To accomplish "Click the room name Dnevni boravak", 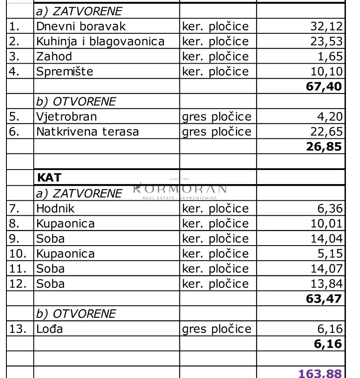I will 81,26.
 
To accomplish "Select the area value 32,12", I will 327,26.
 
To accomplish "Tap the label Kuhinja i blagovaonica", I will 100,41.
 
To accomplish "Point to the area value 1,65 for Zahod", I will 331,56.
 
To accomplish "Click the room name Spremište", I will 64,71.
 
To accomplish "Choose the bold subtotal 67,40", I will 324,87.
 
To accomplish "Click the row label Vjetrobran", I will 67,117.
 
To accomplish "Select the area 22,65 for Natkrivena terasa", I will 327,132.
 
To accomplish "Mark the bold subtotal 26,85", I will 324,147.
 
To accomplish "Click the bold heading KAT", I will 50,177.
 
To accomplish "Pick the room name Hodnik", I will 56,209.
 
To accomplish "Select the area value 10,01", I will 327,224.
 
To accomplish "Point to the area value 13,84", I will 327,284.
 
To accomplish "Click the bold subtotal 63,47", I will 324,298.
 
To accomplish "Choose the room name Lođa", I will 50,329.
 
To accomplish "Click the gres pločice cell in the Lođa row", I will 217,329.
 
